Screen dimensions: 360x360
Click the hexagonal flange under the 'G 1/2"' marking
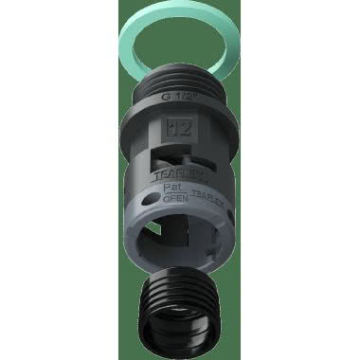[x=180, y=110]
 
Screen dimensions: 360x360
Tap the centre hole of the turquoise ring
[x=179, y=47]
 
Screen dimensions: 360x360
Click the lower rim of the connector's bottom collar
[x=180, y=261]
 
